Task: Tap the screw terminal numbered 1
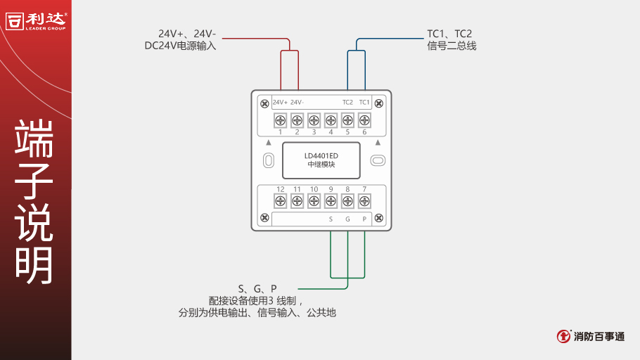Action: point(280,120)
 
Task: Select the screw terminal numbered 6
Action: point(364,120)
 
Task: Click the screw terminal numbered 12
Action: point(280,201)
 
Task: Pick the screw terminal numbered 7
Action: point(364,201)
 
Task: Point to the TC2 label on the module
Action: point(347,103)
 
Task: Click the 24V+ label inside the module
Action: point(280,103)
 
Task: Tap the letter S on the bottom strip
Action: point(331,219)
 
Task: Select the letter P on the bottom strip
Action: point(364,219)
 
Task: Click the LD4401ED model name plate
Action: point(321,160)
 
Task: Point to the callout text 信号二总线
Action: point(452,46)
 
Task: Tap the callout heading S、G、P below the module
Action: point(257,288)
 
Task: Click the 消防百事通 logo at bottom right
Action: point(590,336)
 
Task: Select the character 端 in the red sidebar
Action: point(34,139)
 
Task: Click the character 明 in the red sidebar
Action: point(34,266)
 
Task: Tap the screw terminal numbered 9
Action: point(331,201)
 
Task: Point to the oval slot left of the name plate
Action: point(268,160)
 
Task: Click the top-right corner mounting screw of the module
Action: point(379,103)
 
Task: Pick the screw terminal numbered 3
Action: point(314,120)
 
